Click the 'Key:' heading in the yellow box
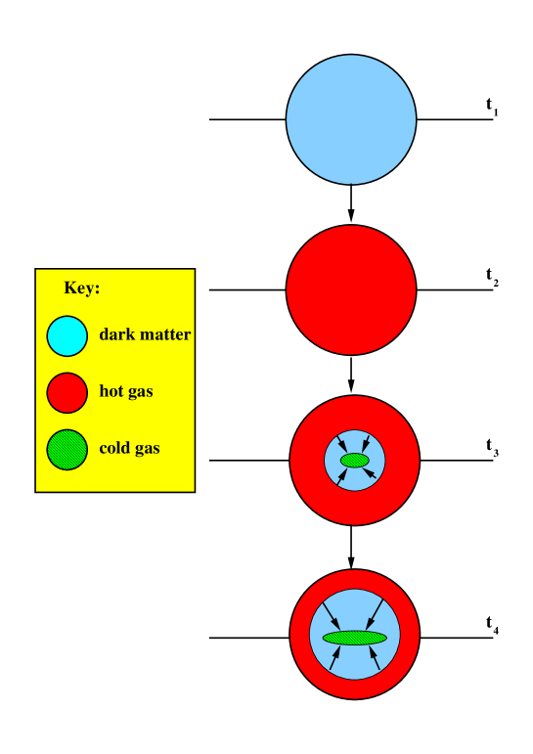pos(82,288)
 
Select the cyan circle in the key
pos(67,335)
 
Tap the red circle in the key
pos(67,392)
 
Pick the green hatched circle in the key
pos(67,449)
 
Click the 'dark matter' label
pos(145,334)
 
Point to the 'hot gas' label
pos(126,392)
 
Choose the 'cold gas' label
pos(129,449)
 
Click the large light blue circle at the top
pos(351,119)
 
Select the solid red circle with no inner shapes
pos(351,289)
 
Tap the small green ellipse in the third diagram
pos(354,460)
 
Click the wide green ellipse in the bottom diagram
pos(354,638)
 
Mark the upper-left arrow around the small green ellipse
pos(338,443)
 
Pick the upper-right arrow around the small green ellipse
pos(368,442)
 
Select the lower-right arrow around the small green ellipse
pos(371,474)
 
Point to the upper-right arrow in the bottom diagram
pos(376,614)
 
